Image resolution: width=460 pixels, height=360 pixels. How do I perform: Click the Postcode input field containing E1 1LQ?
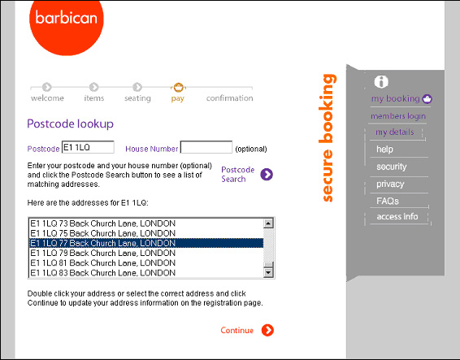[x=88, y=148]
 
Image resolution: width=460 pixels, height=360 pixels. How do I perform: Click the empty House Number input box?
[x=206, y=148]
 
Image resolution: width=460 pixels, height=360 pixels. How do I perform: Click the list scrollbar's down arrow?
[x=268, y=273]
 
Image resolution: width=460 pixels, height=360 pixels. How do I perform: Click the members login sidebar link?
[x=397, y=116]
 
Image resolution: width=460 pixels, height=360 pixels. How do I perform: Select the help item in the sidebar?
[x=385, y=150]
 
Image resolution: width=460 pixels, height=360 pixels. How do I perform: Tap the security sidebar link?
[x=392, y=167]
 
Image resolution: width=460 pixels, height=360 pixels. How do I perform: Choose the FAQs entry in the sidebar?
[x=388, y=201]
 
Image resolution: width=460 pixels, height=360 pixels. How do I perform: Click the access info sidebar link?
[x=397, y=217]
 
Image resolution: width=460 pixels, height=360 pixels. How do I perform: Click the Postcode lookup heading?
[x=71, y=124]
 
